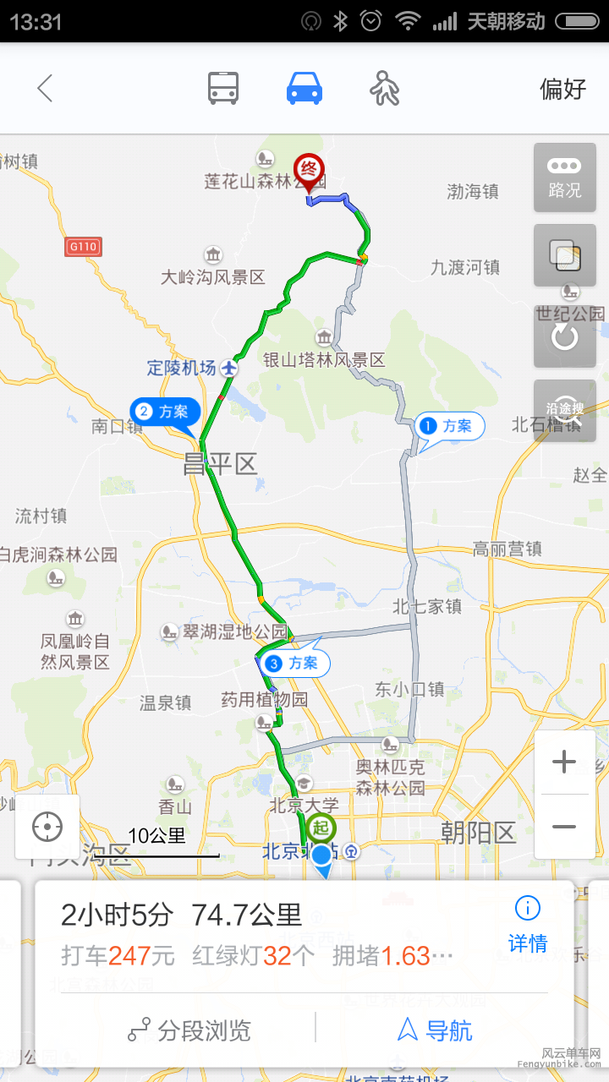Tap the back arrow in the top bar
pyautogui.click(x=45, y=88)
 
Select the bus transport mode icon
pyautogui.click(x=223, y=88)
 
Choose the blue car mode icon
pyautogui.click(x=304, y=88)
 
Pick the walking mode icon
pyautogui.click(x=385, y=88)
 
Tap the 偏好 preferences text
pyautogui.click(x=562, y=89)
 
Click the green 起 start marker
pyautogui.click(x=321, y=828)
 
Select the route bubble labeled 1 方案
pyautogui.click(x=448, y=426)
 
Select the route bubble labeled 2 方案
pyautogui.click(x=165, y=413)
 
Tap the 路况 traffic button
pyautogui.click(x=564, y=178)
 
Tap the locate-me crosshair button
pyautogui.click(x=47, y=827)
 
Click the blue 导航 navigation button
pyautogui.click(x=435, y=1030)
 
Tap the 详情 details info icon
pyautogui.click(x=527, y=922)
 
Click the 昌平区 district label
pyautogui.click(x=220, y=464)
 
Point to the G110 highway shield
pyautogui.click(x=83, y=247)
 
